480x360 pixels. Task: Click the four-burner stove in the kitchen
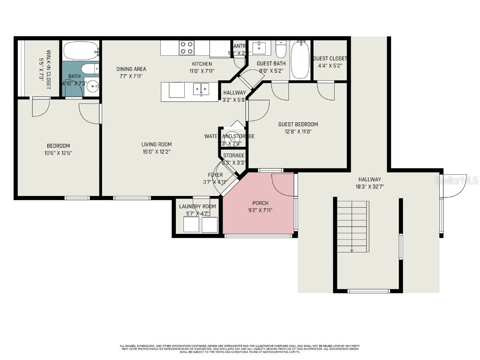[187, 48]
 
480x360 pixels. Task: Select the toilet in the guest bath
[280, 49]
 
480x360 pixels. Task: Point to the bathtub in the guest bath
[300, 60]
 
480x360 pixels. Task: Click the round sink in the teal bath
[93, 86]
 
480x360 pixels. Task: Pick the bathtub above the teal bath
[81, 50]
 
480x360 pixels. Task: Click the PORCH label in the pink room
[260, 203]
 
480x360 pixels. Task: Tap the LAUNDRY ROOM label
[197, 206]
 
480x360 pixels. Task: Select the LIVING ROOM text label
[157, 144]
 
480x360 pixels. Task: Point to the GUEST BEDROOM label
[298, 124]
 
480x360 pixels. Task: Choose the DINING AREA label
[131, 69]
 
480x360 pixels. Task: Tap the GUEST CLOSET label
[330, 59]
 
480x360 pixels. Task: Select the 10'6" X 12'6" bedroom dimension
[58, 153]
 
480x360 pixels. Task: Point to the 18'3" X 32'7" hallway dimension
[369, 187]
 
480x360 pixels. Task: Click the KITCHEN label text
[202, 64]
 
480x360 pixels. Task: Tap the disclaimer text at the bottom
[240, 349]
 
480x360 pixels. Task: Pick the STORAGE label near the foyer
[233, 156]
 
